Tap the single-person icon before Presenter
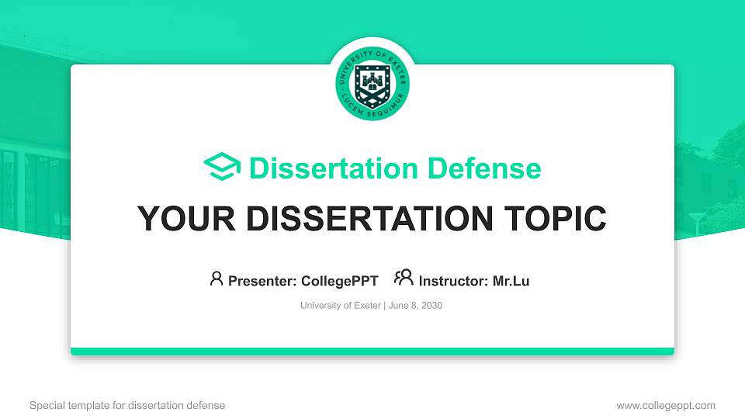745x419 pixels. coord(217,279)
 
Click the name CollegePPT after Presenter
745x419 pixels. coord(339,281)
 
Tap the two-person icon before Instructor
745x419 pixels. coord(404,279)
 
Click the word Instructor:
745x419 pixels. coord(453,281)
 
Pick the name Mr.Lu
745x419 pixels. coord(511,281)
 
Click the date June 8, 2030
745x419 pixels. coord(414,306)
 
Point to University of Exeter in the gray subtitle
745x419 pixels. coord(340,306)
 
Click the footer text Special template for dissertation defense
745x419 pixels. coord(127,405)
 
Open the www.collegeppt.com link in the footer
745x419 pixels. coord(666,405)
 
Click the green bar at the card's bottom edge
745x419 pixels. coord(372,351)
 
